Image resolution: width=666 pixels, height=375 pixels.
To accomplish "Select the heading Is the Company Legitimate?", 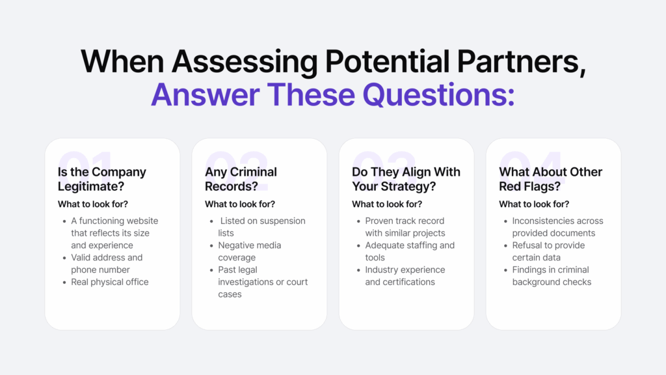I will (x=102, y=179).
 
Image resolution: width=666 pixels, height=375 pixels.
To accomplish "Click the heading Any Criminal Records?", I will (x=241, y=179).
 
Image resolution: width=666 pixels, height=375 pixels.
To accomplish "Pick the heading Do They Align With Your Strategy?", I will (x=406, y=179).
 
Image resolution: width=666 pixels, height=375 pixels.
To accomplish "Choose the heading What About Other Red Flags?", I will (x=550, y=179).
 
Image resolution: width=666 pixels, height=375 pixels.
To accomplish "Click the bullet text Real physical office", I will (x=110, y=282).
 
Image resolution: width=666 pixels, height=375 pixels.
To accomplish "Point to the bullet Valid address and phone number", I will (x=107, y=264).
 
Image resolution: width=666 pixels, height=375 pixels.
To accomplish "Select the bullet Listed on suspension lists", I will (x=261, y=227).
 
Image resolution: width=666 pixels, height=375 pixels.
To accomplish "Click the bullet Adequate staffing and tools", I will (x=410, y=251).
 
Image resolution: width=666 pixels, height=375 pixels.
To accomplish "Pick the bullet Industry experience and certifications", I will (x=405, y=276).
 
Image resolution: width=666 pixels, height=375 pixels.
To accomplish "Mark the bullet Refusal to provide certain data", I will (x=548, y=251).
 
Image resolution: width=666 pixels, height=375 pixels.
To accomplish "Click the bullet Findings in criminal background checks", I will (x=552, y=276).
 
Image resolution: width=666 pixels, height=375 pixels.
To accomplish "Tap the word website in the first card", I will (x=141, y=221).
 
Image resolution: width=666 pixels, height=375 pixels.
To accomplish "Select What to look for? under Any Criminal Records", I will (x=240, y=204).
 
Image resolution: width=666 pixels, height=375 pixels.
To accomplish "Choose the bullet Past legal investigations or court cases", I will (x=263, y=282).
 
